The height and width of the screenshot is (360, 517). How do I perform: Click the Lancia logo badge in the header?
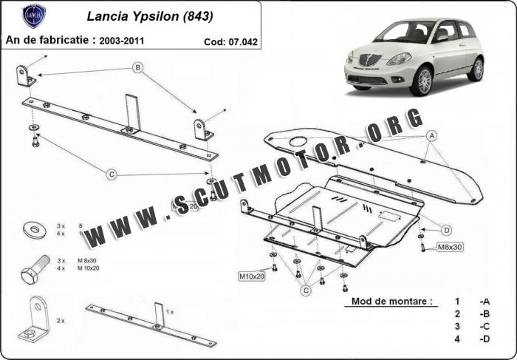click(x=34, y=16)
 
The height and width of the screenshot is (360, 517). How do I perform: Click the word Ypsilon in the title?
click(x=154, y=16)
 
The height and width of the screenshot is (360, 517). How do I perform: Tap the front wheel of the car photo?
click(x=422, y=81)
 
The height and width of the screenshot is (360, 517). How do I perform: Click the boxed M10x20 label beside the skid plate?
click(x=251, y=276)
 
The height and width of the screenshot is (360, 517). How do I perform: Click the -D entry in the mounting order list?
click(x=484, y=339)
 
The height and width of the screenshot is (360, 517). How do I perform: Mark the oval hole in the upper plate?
click(x=300, y=141)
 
